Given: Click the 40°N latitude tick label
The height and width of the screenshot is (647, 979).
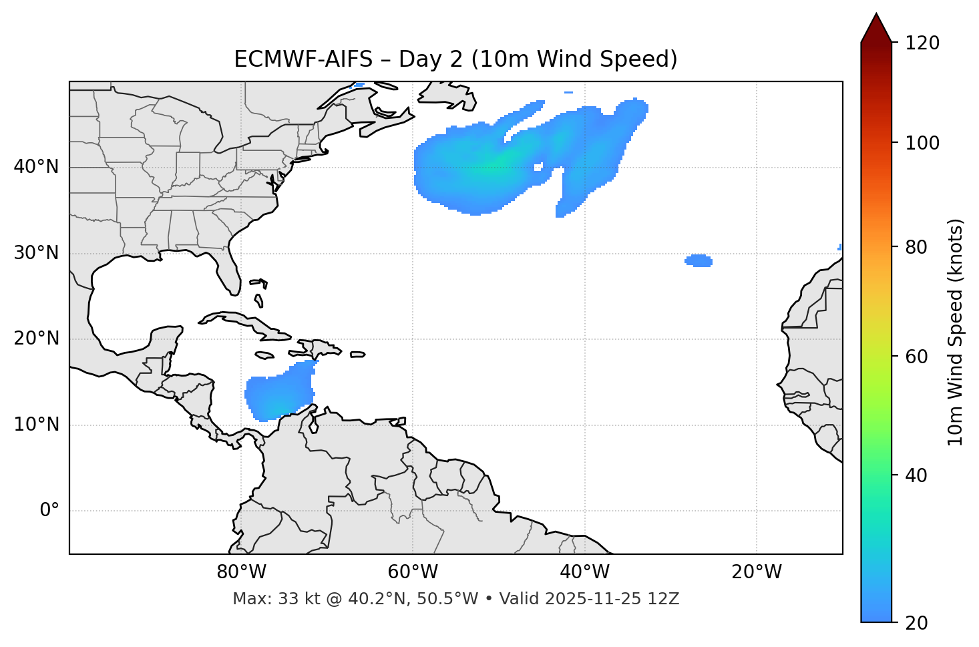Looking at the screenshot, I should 36,167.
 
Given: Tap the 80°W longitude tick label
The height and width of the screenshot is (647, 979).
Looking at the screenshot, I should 241,572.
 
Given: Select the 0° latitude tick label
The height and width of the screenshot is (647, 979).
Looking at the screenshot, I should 49,511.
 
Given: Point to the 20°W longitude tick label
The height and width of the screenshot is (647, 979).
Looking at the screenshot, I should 757,572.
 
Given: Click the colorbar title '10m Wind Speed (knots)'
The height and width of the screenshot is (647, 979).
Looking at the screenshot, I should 956,332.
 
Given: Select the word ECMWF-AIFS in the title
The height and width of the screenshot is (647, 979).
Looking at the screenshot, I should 303,59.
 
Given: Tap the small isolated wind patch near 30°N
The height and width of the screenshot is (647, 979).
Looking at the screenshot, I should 699,260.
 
